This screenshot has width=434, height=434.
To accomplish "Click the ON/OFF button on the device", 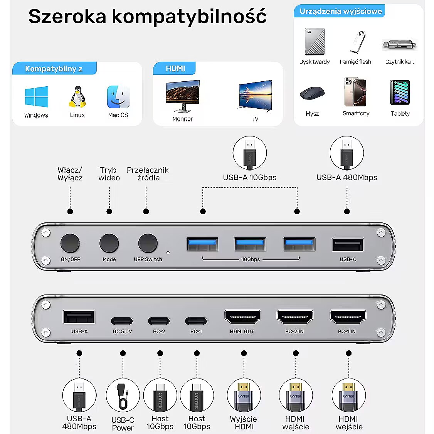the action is [70, 243].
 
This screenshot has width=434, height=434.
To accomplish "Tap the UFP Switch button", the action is [148, 243].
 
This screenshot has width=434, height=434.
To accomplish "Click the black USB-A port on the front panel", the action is [348, 244].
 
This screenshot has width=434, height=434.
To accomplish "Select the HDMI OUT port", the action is [242, 317].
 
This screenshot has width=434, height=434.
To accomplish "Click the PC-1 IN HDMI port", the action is [348, 317].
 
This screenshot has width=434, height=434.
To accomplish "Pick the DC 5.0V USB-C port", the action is [122, 321].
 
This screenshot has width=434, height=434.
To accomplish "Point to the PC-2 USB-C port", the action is [159, 321].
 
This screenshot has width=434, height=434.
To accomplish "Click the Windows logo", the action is [37, 97].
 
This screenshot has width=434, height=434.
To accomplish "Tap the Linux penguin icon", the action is [77, 97].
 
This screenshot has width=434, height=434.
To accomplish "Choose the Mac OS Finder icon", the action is [118, 97].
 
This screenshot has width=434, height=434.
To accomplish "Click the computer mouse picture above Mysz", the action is [312, 93].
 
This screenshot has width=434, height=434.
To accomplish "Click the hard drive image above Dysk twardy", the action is [315, 42].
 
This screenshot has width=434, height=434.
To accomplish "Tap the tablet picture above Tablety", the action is [400, 93].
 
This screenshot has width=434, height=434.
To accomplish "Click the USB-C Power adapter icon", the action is [123, 395].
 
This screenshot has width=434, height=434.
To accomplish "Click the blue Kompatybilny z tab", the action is [54, 68].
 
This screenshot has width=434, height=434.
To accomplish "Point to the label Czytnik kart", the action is [400, 62].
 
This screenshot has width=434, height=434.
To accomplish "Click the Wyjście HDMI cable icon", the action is [244, 395].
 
